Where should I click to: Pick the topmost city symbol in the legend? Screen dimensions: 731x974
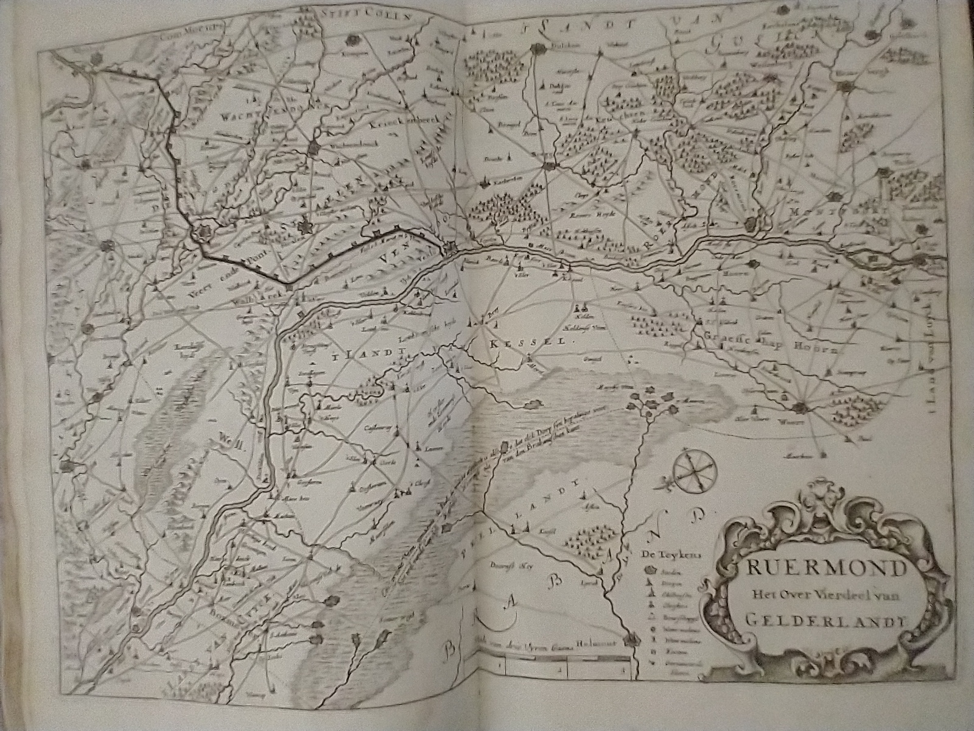click(649, 571)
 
